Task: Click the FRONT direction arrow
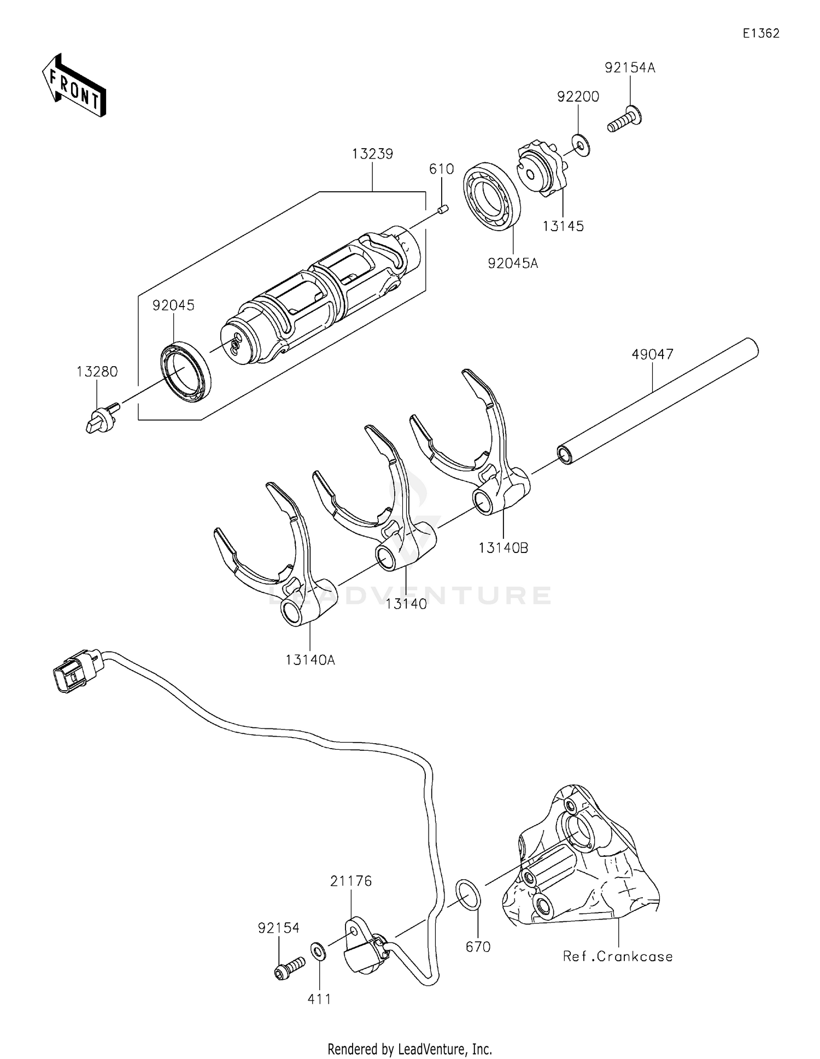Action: tap(74, 86)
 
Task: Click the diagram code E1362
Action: tap(760, 34)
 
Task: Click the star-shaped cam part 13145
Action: tap(540, 169)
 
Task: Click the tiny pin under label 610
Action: tap(444, 209)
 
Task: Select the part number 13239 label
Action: tap(372, 155)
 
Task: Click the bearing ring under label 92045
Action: tap(186, 371)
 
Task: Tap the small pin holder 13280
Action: tap(101, 419)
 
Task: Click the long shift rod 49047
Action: tap(656, 402)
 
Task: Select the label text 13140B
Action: tap(503, 548)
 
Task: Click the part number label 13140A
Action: tap(310, 660)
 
